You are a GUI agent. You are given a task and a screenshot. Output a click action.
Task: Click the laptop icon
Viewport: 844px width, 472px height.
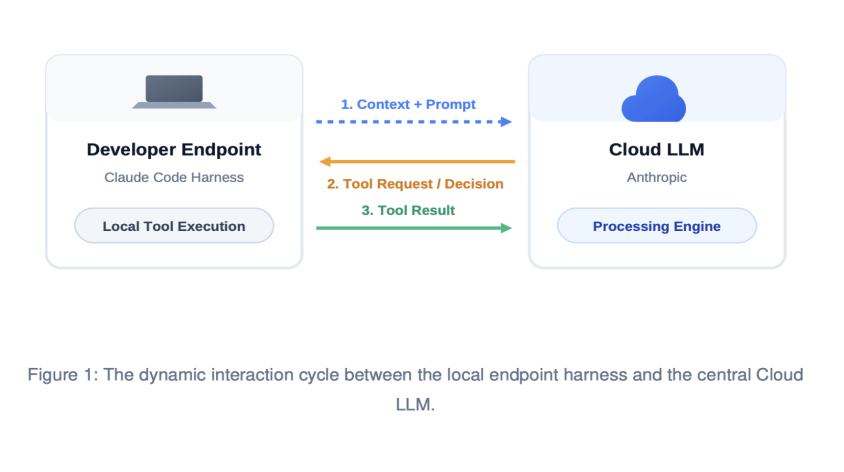[x=174, y=92]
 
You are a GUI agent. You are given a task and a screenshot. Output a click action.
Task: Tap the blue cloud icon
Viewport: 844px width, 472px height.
[x=654, y=99]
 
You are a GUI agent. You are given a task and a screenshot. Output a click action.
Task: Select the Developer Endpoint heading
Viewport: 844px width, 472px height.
[x=174, y=150]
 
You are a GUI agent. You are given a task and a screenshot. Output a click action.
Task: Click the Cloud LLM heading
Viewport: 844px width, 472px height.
[x=656, y=150]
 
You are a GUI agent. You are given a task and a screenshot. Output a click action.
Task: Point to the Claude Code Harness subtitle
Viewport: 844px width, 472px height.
[x=174, y=178]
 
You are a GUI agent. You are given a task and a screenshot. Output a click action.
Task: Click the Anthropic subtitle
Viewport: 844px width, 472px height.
[x=657, y=178]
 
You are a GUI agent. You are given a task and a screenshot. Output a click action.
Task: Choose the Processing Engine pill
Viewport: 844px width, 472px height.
[x=657, y=226]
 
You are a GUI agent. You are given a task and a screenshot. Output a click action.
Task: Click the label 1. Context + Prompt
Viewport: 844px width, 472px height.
[x=408, y=104]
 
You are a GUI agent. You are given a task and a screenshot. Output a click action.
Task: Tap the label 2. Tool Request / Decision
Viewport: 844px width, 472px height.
[x=415, y=184]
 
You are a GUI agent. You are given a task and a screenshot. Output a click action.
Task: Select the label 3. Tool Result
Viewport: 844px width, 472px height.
[x=408, y=210]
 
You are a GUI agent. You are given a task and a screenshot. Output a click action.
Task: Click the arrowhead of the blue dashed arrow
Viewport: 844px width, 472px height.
[x=506, y=122]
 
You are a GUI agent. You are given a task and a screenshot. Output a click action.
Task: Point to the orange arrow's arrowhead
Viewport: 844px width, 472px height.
[x=325, y=161]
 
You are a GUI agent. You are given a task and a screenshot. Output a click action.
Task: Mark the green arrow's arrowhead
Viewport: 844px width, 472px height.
[x=506, y=228]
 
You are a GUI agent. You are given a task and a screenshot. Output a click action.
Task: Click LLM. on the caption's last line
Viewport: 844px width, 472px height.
[x=415, y=405]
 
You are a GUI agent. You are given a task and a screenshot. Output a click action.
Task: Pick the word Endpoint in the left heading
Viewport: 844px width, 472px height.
[x=221, y=150]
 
